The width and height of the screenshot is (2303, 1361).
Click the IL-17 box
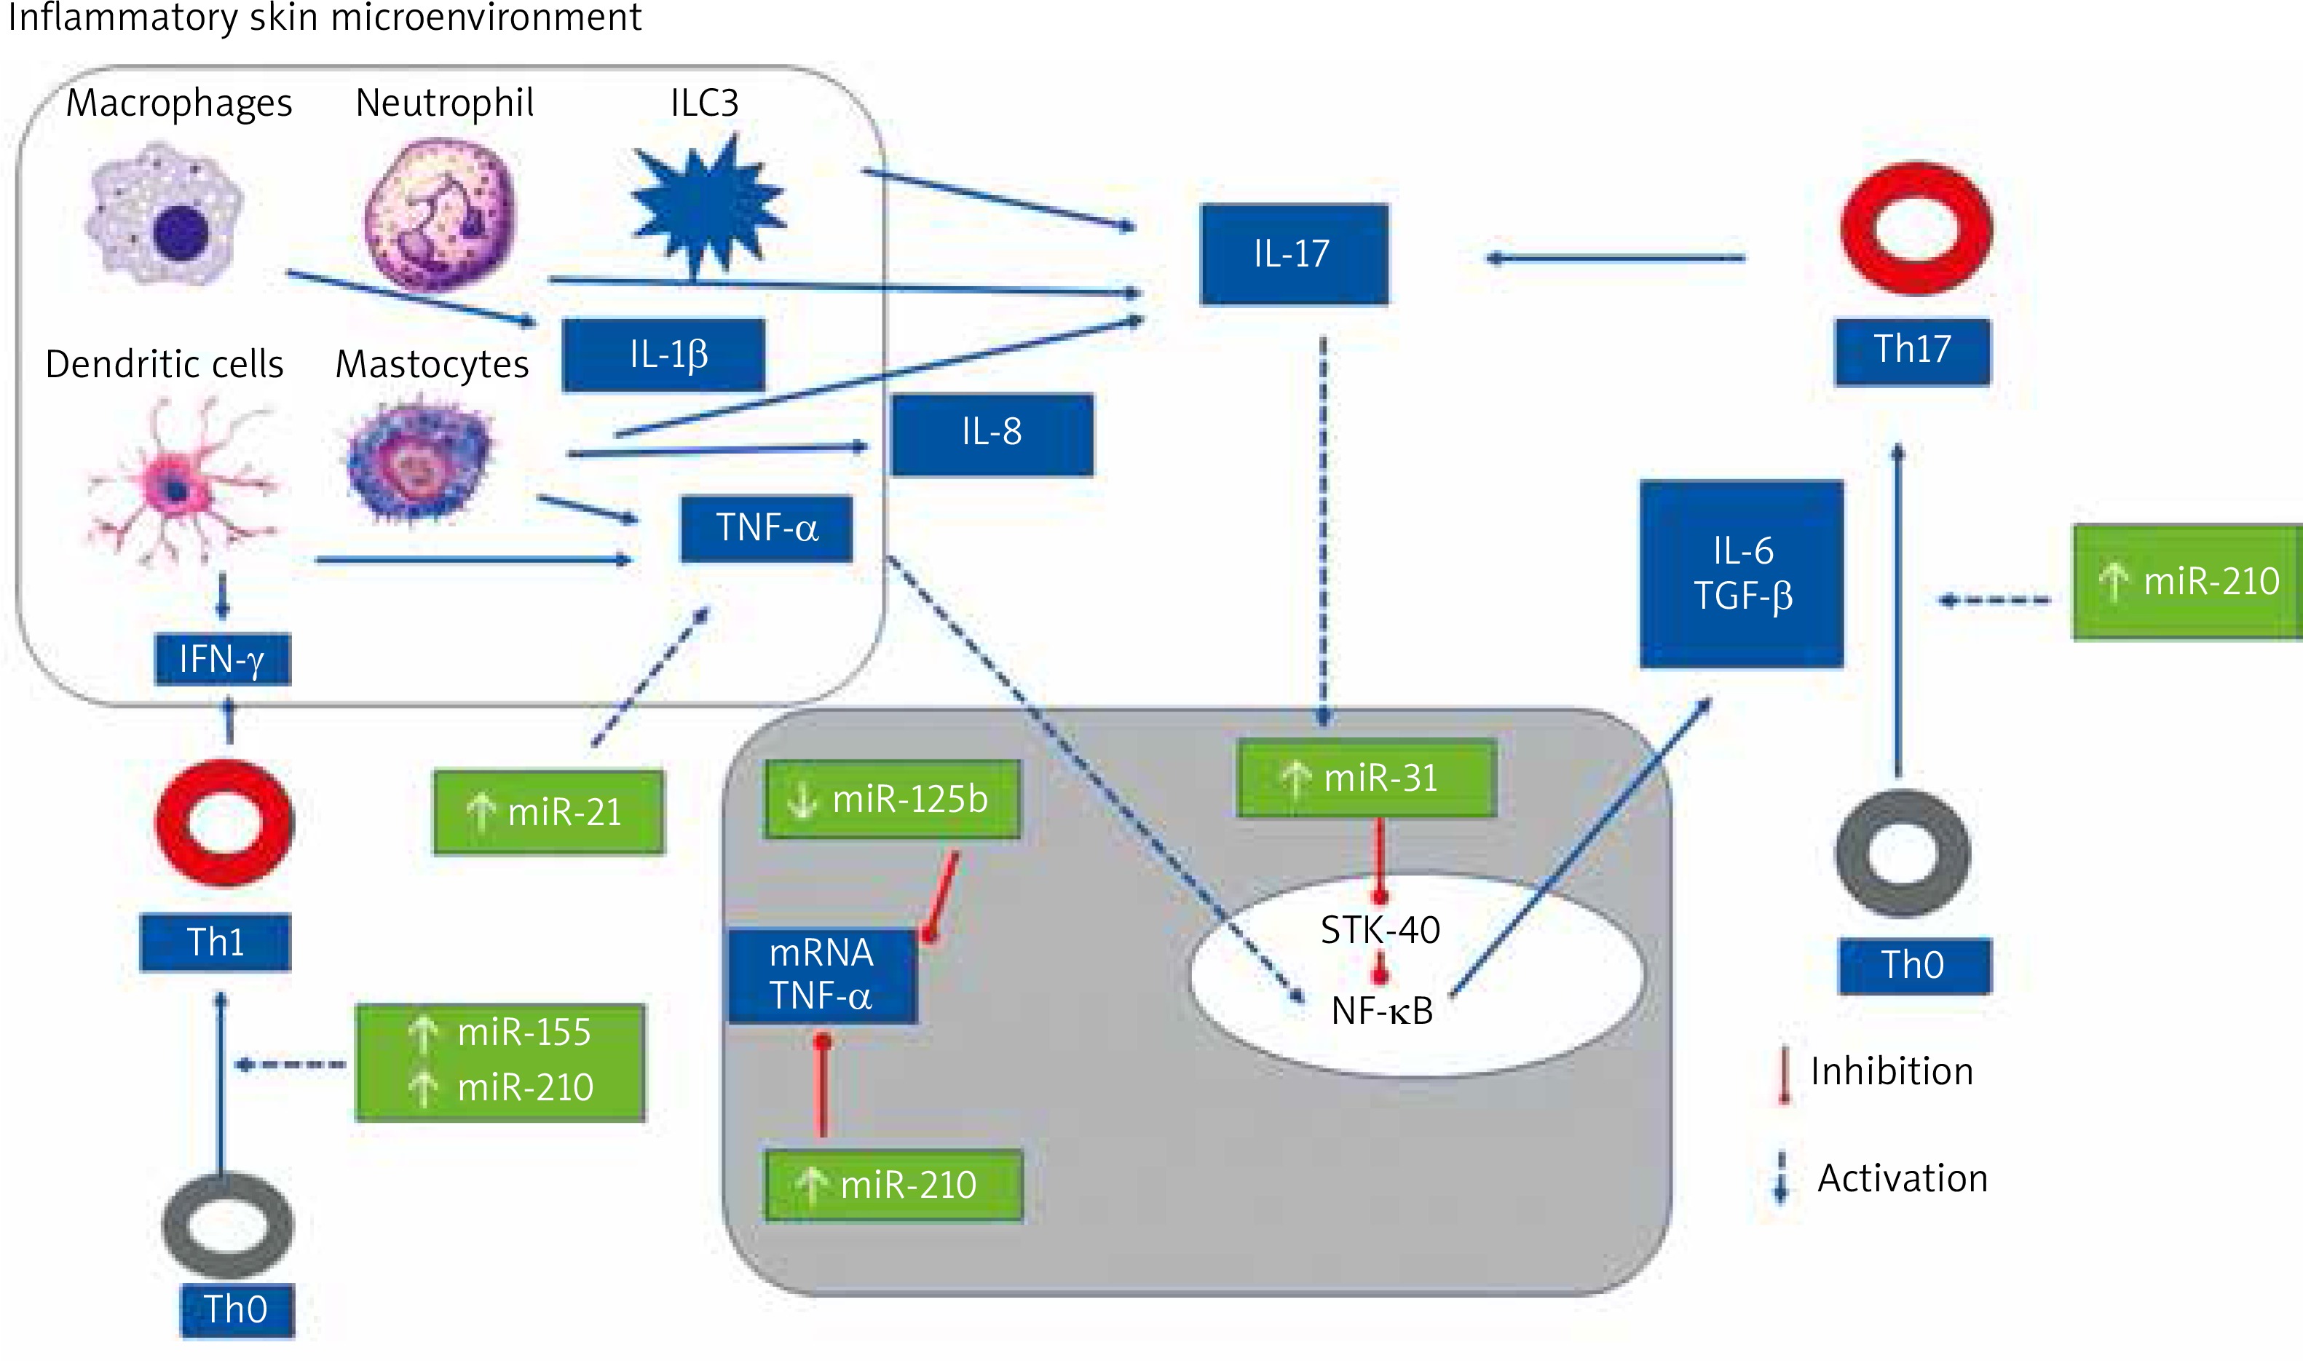pos(1294,254)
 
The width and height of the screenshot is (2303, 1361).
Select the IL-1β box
pos(664,355)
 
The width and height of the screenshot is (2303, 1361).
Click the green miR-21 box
pos(548,813)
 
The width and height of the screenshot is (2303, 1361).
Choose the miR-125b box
pos(892,800)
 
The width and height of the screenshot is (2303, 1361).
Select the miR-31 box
pos(1366,778)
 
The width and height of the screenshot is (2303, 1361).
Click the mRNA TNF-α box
pos(822,975)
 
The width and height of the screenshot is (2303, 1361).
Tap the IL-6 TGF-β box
pos(1741,574)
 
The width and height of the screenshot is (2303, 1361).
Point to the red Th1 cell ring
pos(224,823)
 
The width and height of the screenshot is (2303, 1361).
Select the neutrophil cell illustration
pos(439,213)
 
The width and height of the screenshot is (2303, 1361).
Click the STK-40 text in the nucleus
pos(1380,931)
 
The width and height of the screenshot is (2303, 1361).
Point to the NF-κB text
pos(1382,1011)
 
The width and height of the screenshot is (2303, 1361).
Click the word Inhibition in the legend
pos(1892,1072)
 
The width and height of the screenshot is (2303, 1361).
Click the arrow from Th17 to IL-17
pos(1616,259)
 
